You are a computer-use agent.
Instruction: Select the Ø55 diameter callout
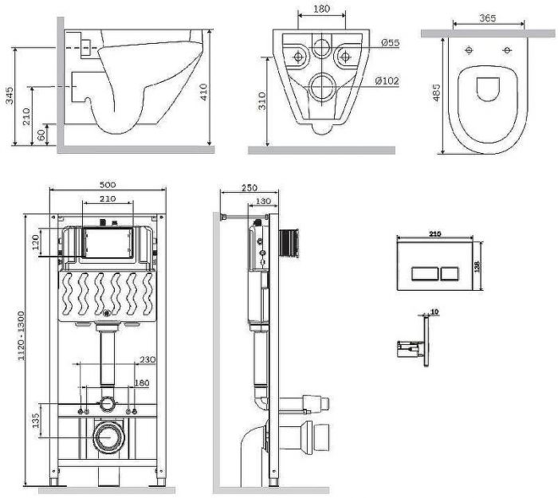390,43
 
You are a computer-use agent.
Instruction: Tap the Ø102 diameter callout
390,80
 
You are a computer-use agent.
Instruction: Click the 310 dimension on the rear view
264,100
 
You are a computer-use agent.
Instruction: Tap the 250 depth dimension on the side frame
247,187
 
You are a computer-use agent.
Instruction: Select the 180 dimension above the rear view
321,10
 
